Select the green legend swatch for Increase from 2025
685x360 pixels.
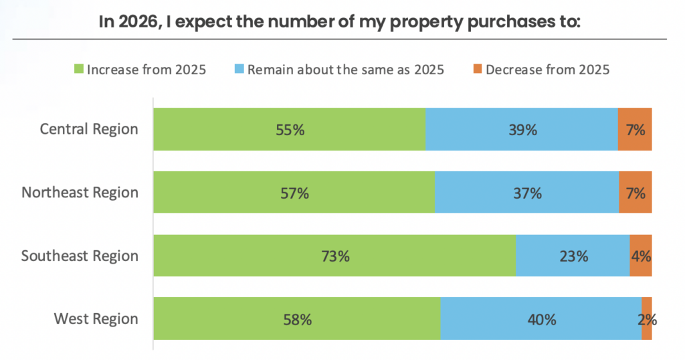78,70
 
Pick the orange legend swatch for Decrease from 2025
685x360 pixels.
476,70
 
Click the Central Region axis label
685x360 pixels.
89,129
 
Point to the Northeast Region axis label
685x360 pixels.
80,193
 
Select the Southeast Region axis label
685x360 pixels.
80,256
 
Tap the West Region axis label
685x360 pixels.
96,319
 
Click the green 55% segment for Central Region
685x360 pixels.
289,129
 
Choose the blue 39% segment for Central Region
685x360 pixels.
521,129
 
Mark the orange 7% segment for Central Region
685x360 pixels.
635,129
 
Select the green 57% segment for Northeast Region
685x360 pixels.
294,193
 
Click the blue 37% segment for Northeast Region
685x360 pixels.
526,193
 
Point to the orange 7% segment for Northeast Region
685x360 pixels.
635,193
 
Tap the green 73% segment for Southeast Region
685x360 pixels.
334,256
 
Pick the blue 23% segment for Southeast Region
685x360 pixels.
573,256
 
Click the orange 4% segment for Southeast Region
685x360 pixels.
641,256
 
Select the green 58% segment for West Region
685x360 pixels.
296,319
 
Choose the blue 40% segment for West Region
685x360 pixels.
541,319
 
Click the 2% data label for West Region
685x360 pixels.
647,319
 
